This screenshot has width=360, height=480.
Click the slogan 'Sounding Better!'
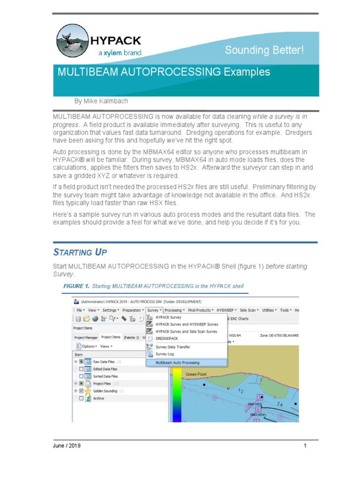(x=264, y=50)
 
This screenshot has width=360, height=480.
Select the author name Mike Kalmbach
(x=101, y=101)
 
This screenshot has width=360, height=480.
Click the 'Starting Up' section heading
(x=80, y=252)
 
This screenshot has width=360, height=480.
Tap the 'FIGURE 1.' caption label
(x=76, y=286)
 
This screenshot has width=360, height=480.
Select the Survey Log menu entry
(x=165, y=354)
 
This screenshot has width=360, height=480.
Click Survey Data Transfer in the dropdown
(x=172, y=347)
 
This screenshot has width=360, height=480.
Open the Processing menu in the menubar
(x=173, y=310)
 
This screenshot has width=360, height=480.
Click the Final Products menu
(x=200, y=310)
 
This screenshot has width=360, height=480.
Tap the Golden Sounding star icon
(x=88, y=391)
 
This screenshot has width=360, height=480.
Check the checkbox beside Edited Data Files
(x=81, y=369)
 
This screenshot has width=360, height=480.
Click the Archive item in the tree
(x=98, y=398)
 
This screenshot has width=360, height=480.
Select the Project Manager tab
(x=85, y=337)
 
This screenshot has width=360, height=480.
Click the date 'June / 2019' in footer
(x=66, y=446)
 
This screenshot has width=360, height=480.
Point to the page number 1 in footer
(x=305, y=446)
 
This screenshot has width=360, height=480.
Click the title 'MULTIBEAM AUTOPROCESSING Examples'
(x=164, y=72)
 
